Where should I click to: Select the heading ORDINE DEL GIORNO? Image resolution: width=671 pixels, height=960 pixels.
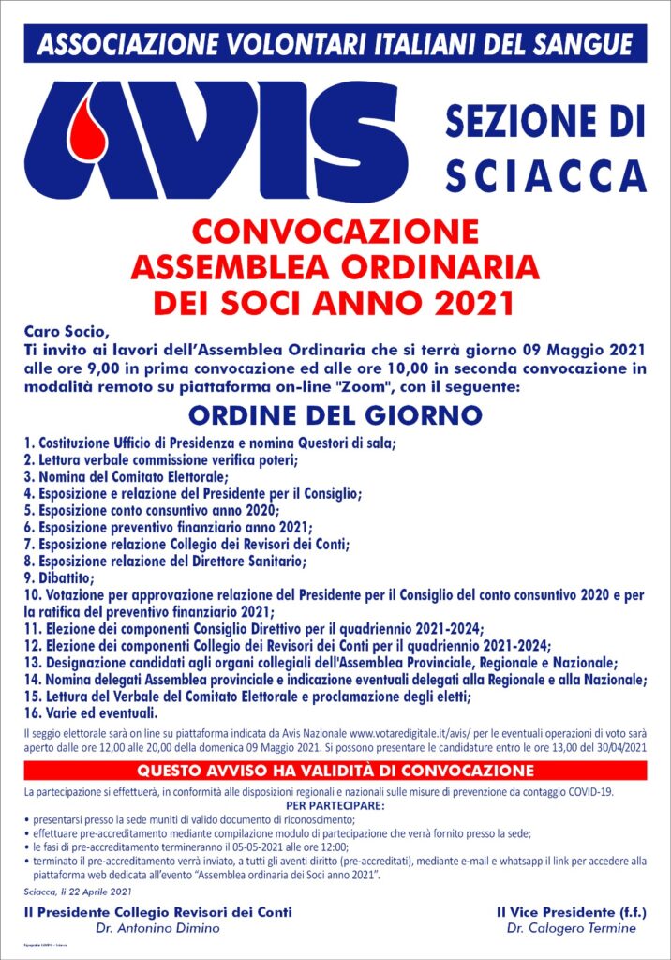click(x=335, y=413)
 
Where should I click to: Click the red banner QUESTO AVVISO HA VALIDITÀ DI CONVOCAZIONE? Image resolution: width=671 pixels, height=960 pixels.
click(x=335, y=771)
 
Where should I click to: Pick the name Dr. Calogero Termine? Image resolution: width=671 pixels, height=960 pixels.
click(x=570, y=928)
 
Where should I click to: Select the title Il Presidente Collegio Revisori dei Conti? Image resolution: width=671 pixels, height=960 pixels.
click(x=157, y=911)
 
